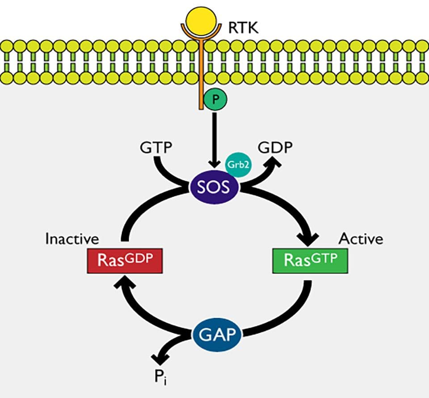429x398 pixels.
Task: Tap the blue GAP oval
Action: (x=216, y=334)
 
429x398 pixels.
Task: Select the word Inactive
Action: (x=72, y=239)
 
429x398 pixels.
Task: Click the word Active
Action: (x=361, y=239)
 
